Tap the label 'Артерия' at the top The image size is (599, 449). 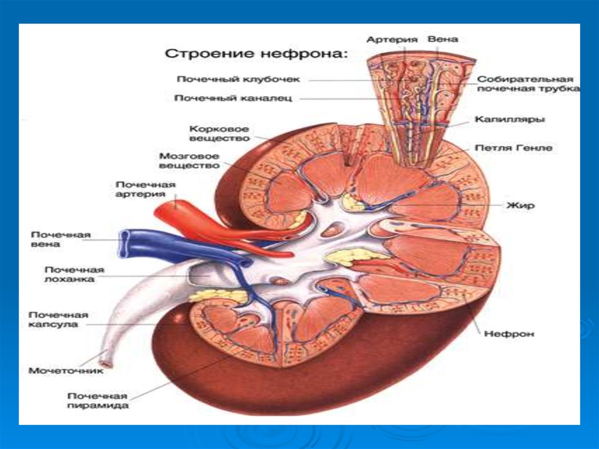click(x=391, y=39)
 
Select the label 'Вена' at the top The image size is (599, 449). click(x=443, y=39)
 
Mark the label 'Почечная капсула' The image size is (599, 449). click(x=58, y=319)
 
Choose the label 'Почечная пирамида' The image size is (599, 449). click(x=98, y=400)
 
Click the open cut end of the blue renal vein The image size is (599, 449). click(x=125, y=244)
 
